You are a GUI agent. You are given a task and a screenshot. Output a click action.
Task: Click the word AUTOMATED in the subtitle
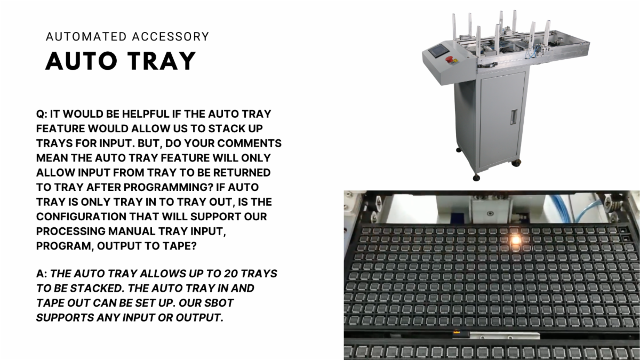[x=86, y=37]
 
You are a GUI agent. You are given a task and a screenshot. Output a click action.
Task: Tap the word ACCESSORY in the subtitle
[x=171, y=37]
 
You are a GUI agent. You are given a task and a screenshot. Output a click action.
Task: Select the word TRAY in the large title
[x=162, y=61]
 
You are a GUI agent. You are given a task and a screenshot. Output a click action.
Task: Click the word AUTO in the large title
[x=82, y=61]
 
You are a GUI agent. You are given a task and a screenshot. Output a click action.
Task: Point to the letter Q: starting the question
[x=42, y=114]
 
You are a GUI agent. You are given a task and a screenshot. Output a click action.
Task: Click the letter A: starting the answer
[x=42, y=274]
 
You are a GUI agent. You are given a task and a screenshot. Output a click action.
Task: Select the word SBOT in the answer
[x=219, y=303]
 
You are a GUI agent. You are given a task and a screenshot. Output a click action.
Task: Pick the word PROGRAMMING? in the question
[x=169, y=187]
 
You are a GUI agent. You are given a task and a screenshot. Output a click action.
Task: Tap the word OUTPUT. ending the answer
[x=199, y=318]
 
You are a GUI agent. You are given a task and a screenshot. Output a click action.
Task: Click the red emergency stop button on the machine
[x=449, y=59]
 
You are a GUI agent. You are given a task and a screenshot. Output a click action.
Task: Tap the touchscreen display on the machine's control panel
[x=437, y=51]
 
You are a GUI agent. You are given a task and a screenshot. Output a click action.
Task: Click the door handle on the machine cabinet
[x=514, y=117]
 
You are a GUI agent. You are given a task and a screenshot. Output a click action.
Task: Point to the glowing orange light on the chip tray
[x=515, y=239]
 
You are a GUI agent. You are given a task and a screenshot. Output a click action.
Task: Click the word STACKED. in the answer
[x=97, y=289]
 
